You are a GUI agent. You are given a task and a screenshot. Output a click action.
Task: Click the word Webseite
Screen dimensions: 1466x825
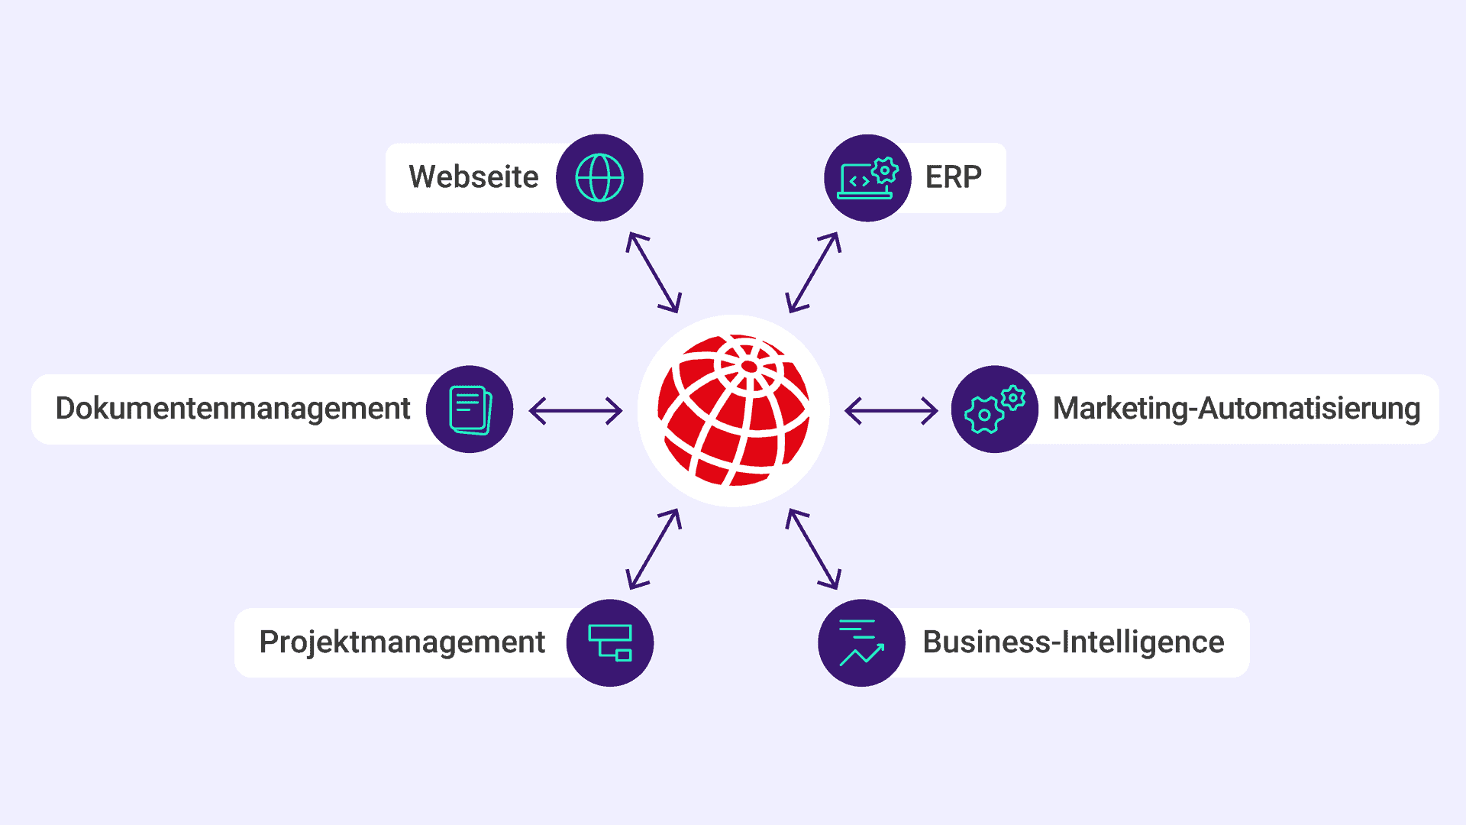tap(473, 176)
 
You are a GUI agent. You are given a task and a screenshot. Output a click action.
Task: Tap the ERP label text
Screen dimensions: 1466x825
tap(954, 177)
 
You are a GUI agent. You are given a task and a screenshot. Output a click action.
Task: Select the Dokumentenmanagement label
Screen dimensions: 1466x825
tap(233, 409)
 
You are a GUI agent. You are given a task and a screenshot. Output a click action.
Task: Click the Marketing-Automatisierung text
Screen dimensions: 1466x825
tap(1236, 409)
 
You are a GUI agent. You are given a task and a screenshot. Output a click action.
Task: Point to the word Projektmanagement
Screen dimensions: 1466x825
tap(402, 642)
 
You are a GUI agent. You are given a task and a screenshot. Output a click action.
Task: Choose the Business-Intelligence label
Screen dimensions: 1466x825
tap(1074, 642)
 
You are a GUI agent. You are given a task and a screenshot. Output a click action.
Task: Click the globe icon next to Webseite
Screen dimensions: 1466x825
tap(599, 178)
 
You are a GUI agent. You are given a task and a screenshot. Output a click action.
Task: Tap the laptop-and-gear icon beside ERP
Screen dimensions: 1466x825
tap(867, 178)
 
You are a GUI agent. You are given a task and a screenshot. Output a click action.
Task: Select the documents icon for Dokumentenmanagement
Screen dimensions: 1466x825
tap(470, 409)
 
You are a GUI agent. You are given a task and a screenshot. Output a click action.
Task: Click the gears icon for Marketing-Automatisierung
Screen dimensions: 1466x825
tap(994, 409)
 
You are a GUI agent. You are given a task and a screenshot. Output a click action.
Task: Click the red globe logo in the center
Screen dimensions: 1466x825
tap(734, 411)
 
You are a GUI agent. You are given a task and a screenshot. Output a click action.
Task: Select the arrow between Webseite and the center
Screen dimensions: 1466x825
tap(654, 273)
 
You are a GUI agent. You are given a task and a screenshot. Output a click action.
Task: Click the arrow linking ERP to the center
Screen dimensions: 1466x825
tap(814, 273)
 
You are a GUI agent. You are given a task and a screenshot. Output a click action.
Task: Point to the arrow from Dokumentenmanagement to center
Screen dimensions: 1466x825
tap(576, 411)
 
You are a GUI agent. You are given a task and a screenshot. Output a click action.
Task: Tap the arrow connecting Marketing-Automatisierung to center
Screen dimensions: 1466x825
tap(891, 411)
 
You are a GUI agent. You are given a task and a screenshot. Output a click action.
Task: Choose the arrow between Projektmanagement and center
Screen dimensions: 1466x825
tap(654, 549)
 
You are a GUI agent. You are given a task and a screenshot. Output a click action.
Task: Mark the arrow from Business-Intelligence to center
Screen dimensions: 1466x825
tap(814, 549)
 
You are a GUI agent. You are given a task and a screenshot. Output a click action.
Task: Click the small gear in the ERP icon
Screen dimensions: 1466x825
tap(885, 170)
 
